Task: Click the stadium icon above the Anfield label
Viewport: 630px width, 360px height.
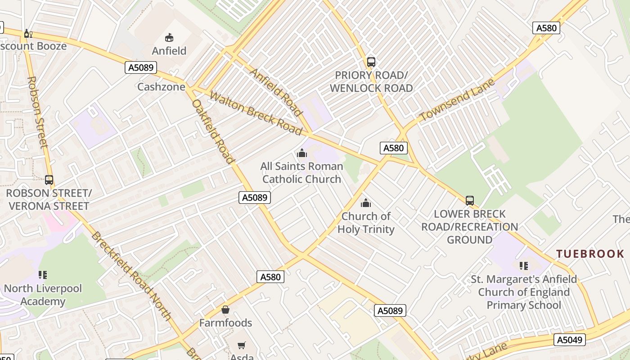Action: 169,37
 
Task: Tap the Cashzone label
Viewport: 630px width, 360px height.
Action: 161,87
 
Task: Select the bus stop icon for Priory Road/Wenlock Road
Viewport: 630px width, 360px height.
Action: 371,62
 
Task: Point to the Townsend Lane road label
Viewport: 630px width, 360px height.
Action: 457,99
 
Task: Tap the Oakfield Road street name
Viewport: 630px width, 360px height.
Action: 213,131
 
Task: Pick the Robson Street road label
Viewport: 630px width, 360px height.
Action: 37,112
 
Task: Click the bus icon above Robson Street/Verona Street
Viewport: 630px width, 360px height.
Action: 49,180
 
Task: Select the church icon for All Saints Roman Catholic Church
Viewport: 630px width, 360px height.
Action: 302,153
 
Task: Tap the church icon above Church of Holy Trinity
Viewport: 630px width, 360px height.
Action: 366,203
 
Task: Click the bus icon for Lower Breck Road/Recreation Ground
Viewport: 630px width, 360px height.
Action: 470,201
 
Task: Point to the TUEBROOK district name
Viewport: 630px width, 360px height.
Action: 590,254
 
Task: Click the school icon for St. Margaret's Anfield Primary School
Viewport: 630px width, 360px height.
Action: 524,266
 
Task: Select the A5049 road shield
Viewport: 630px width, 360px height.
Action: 569,340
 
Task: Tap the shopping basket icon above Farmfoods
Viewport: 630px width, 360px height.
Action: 225,310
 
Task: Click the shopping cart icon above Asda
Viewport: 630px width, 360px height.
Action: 242,345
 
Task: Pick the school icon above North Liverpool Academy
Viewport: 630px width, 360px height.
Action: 43,275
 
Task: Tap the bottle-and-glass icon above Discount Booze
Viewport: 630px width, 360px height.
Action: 28,33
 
